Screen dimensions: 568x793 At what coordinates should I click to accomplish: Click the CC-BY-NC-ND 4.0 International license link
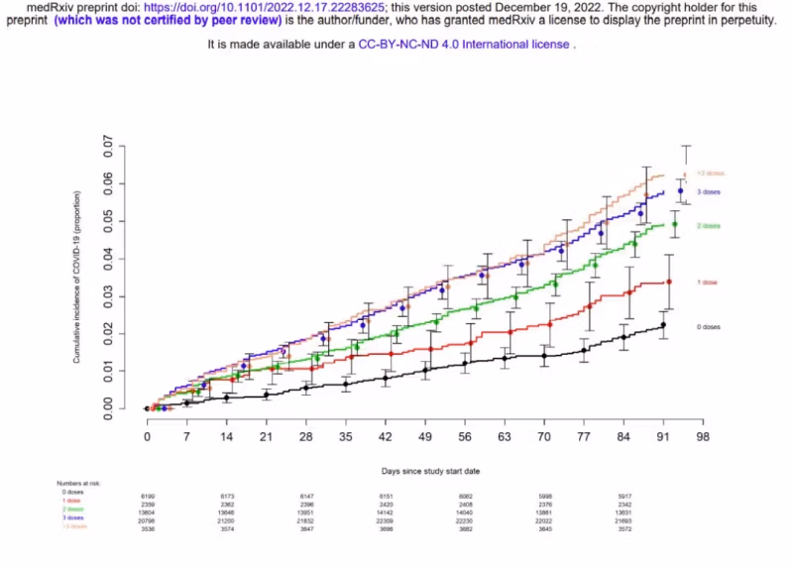pyautogui.click(x=464, y=45)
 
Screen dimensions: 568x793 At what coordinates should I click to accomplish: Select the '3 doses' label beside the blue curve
pyautogui.click(x=707, y=190)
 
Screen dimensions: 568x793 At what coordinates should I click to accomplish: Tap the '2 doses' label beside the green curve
pyautogui.click(x=708, y=226)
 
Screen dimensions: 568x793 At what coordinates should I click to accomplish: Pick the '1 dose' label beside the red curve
pyautogui.click(x=706, y=283)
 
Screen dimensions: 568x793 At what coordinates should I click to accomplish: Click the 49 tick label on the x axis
pyautogui.click(x=424, y=436)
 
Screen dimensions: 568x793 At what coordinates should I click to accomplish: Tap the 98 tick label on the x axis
pyautogui.click(x=703, y=436)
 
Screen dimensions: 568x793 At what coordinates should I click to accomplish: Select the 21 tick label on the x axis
pyautogui.click(x=266, y=436)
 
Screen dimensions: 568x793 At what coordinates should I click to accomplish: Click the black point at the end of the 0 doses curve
pyautogui.click(x=663, y=324)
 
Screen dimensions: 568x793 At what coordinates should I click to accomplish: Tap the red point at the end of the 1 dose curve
pyautogui.click(x=669, y=282)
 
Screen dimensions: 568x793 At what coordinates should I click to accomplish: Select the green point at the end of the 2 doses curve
pyautogui.click(x=675, y=224)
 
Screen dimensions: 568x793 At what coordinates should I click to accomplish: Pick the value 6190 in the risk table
pyautogui.click(x=149, y=495)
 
